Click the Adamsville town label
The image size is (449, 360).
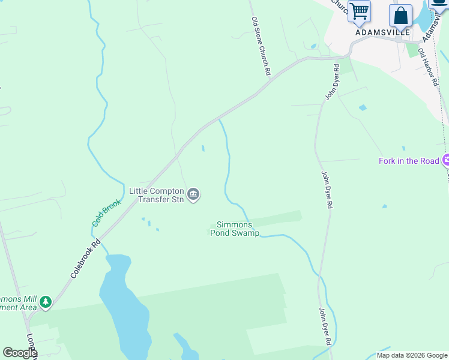click(x=382, y=32)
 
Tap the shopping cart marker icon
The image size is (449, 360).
click(x=359, y=12)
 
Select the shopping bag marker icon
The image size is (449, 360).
click(x=400, y=16)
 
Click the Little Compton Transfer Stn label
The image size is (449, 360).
click(x=155, y=196)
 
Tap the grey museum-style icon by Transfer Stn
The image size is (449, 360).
click(x=193, y=194)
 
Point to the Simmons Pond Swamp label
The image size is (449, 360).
click(x=235, y=229)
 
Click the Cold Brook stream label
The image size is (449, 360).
click(x=106, y=212)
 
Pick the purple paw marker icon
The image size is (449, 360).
click(x=445, y=160)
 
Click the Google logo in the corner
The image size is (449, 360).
click(x=19, y=353)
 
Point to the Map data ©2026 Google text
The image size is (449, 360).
click(x=412, y=355)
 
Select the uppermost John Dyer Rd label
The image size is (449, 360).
click(x=332, y=84)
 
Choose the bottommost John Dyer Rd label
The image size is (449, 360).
click(x=325, y=326)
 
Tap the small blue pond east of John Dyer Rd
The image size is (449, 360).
click(x=363, y=108)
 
